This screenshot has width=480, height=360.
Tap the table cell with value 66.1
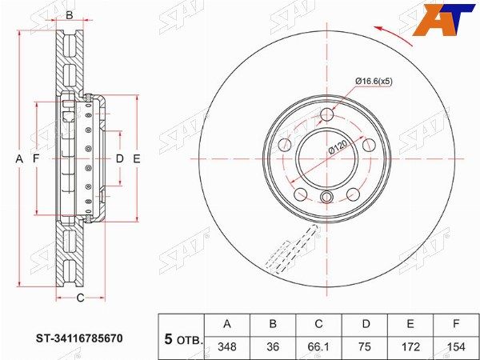[x=318, y=348]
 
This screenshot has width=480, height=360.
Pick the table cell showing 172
[x=410, y=348]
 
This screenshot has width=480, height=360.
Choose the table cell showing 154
[x=456, y=348]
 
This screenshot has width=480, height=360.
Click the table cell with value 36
[x=273, y=348]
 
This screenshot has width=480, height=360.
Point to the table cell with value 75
[x=365, y=348]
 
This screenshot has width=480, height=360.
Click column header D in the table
[x=365, y=324]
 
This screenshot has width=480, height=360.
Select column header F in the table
[x=456, y=324]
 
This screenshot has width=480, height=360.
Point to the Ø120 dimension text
[x=335, y=149]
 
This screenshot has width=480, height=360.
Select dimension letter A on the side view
[x=19, y=158]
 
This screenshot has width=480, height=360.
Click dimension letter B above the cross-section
[x=70, y=15]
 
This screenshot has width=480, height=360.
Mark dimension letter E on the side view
[x=137, y=158]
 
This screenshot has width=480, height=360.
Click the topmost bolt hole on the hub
[x=326, y=115]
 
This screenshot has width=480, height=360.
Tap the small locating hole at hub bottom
[x=326, y=199]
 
